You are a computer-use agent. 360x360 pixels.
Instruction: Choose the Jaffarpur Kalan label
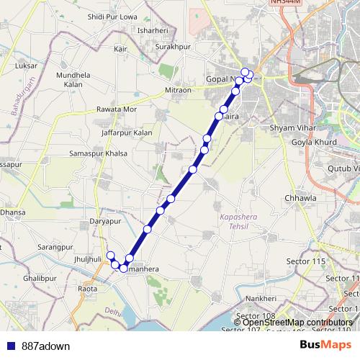click(127, 132)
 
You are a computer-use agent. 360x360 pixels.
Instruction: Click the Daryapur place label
click(104, 221)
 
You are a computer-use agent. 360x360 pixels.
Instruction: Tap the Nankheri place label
click(261, 298)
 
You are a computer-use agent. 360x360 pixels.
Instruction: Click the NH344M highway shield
click(282, 4)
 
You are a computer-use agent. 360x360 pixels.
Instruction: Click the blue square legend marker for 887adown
click(10, 346)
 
